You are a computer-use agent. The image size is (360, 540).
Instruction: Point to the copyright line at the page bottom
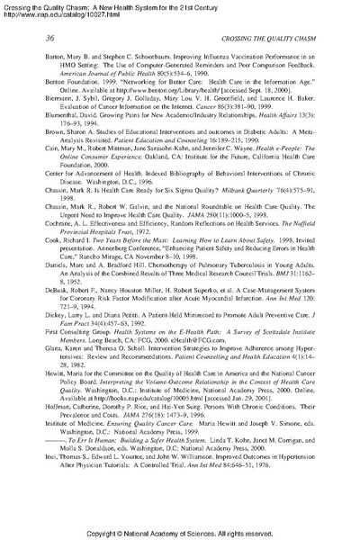point(179,533)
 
